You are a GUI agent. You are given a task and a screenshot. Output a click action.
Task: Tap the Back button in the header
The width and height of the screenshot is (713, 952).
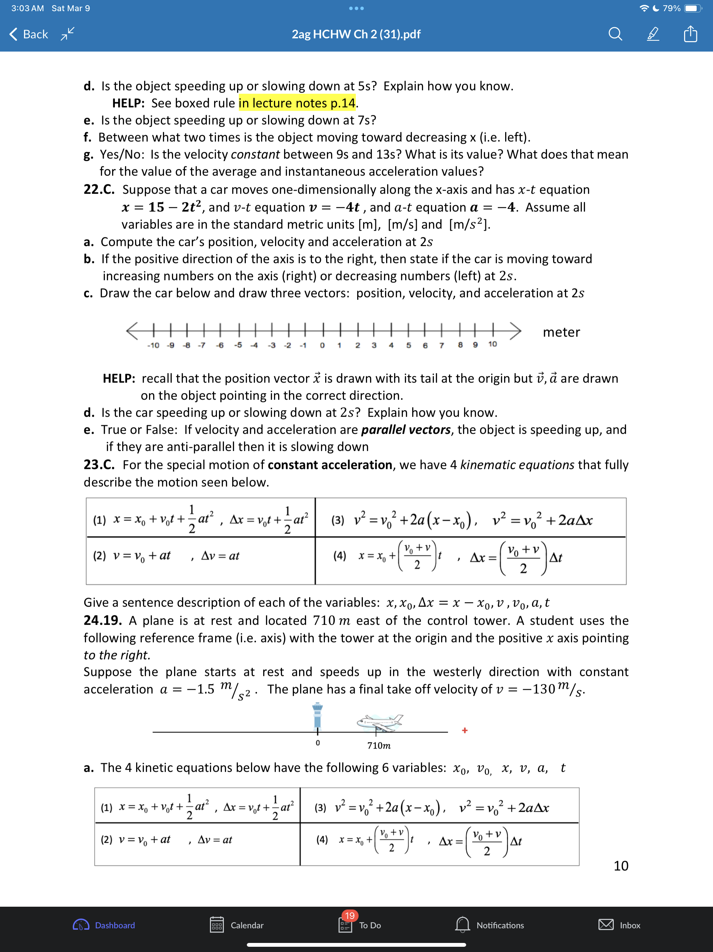pos(29,34)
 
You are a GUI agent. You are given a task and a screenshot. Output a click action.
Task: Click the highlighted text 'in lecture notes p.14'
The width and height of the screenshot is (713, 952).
pos(297,103)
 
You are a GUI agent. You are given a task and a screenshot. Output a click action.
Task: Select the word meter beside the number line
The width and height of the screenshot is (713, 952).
pos(561,332)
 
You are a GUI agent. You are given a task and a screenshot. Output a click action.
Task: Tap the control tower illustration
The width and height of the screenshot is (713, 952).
pos(318,715)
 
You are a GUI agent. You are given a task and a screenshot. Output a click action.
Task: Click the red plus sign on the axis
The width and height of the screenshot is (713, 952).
pos(464,730)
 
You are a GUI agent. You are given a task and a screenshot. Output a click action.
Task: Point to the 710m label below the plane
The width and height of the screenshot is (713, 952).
pos(379,746)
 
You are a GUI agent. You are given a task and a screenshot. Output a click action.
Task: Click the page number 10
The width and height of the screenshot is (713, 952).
pos(620,866)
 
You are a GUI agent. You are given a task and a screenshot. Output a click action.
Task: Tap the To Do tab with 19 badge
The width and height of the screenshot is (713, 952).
pos(360,925)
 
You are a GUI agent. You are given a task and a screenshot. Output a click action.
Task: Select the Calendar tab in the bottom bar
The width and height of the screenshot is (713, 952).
pos(236,925)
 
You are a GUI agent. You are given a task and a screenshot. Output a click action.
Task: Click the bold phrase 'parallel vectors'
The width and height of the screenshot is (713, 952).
pos(406,430)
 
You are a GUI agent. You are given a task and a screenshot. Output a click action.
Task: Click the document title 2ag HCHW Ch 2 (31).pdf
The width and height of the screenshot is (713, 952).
pos(356,34)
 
